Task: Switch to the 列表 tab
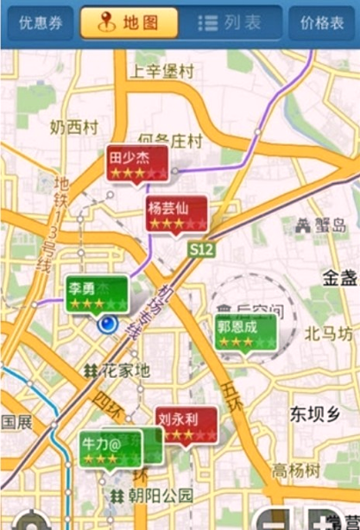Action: (x=231, y=23)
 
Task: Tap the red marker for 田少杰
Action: (x=137, y=164)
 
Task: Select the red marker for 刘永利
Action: (x=186, y=425)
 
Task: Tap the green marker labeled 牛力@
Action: (x=110, y=448)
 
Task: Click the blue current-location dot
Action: (x=108, y=325)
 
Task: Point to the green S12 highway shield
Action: (x=201, y=249)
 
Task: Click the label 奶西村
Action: (x=74, y=127)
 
